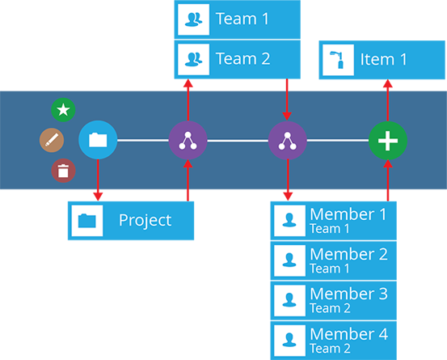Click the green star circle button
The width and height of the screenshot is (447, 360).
click(63, 110)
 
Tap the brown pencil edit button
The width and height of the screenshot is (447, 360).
click(52, 140)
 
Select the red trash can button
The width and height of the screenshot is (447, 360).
click(63, 171)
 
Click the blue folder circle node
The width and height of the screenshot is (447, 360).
click(98, 140)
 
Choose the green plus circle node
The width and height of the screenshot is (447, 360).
click(388, 140)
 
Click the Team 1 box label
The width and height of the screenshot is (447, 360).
click(242, 19)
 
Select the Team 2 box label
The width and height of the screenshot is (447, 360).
click(242, 59)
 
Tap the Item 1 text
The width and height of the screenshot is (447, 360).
click(383, 60)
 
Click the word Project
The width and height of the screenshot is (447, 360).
click(145, 221)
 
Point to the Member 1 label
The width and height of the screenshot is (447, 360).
click(348, 214)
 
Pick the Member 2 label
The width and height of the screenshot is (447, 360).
click(348, 254)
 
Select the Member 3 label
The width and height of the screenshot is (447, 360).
click(348, 294)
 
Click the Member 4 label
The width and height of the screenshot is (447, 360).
click(348, 334)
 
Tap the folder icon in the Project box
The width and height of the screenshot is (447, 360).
click(87, 221)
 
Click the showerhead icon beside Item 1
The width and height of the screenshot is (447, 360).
click(337, 60)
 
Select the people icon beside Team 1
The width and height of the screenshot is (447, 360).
click(193, 19)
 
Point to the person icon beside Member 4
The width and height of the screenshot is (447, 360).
click(289, 340)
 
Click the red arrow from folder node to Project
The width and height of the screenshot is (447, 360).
click(98, 180)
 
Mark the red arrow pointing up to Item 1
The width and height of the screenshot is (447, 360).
click(388, 100)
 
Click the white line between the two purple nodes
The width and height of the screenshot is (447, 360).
click(238, 141)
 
